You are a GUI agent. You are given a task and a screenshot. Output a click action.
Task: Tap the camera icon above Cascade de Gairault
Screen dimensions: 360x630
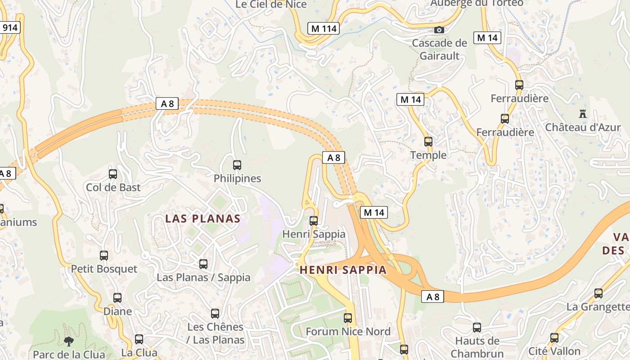click(439, 30)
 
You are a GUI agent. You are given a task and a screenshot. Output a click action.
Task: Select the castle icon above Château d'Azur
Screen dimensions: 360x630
click(583, 114)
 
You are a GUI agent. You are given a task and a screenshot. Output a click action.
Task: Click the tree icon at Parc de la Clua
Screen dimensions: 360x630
click(69, 342)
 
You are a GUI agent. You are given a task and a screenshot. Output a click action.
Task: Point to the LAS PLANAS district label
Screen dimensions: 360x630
click(202, 219)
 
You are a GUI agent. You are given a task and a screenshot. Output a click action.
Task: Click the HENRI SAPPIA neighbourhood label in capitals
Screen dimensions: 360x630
click(343, 270)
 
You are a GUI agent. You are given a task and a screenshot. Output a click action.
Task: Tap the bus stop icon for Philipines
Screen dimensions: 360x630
click(237, 165)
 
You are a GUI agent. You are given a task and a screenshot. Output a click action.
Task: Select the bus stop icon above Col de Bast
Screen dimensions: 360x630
click(113, 174)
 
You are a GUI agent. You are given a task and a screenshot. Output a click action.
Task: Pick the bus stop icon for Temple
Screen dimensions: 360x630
click(428, 142)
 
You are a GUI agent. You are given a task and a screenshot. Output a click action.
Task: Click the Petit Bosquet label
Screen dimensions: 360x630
click(104, 269)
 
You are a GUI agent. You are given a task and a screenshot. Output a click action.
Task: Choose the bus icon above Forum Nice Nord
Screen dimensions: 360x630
click(348, 318)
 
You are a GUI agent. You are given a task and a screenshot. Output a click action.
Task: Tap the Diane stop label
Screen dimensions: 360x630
click(117, 311)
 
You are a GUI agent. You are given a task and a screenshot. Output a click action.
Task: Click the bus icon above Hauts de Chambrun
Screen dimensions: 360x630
click(477, 328)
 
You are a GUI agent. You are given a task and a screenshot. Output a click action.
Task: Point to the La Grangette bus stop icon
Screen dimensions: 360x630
click(598, 293)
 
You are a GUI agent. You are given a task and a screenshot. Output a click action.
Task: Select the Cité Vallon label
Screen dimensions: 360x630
click(554, 351)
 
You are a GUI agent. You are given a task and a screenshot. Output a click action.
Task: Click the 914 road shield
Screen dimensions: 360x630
click(10, 28)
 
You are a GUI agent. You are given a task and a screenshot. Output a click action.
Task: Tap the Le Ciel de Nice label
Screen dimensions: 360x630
click(271, 4)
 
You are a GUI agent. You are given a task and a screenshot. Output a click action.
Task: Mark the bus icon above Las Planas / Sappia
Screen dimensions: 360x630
click(203, 264)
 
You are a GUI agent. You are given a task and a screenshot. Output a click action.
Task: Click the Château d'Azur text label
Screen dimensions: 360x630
click(583, 127)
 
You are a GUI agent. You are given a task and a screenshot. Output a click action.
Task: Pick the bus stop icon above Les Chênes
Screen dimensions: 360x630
click(215, 314)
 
